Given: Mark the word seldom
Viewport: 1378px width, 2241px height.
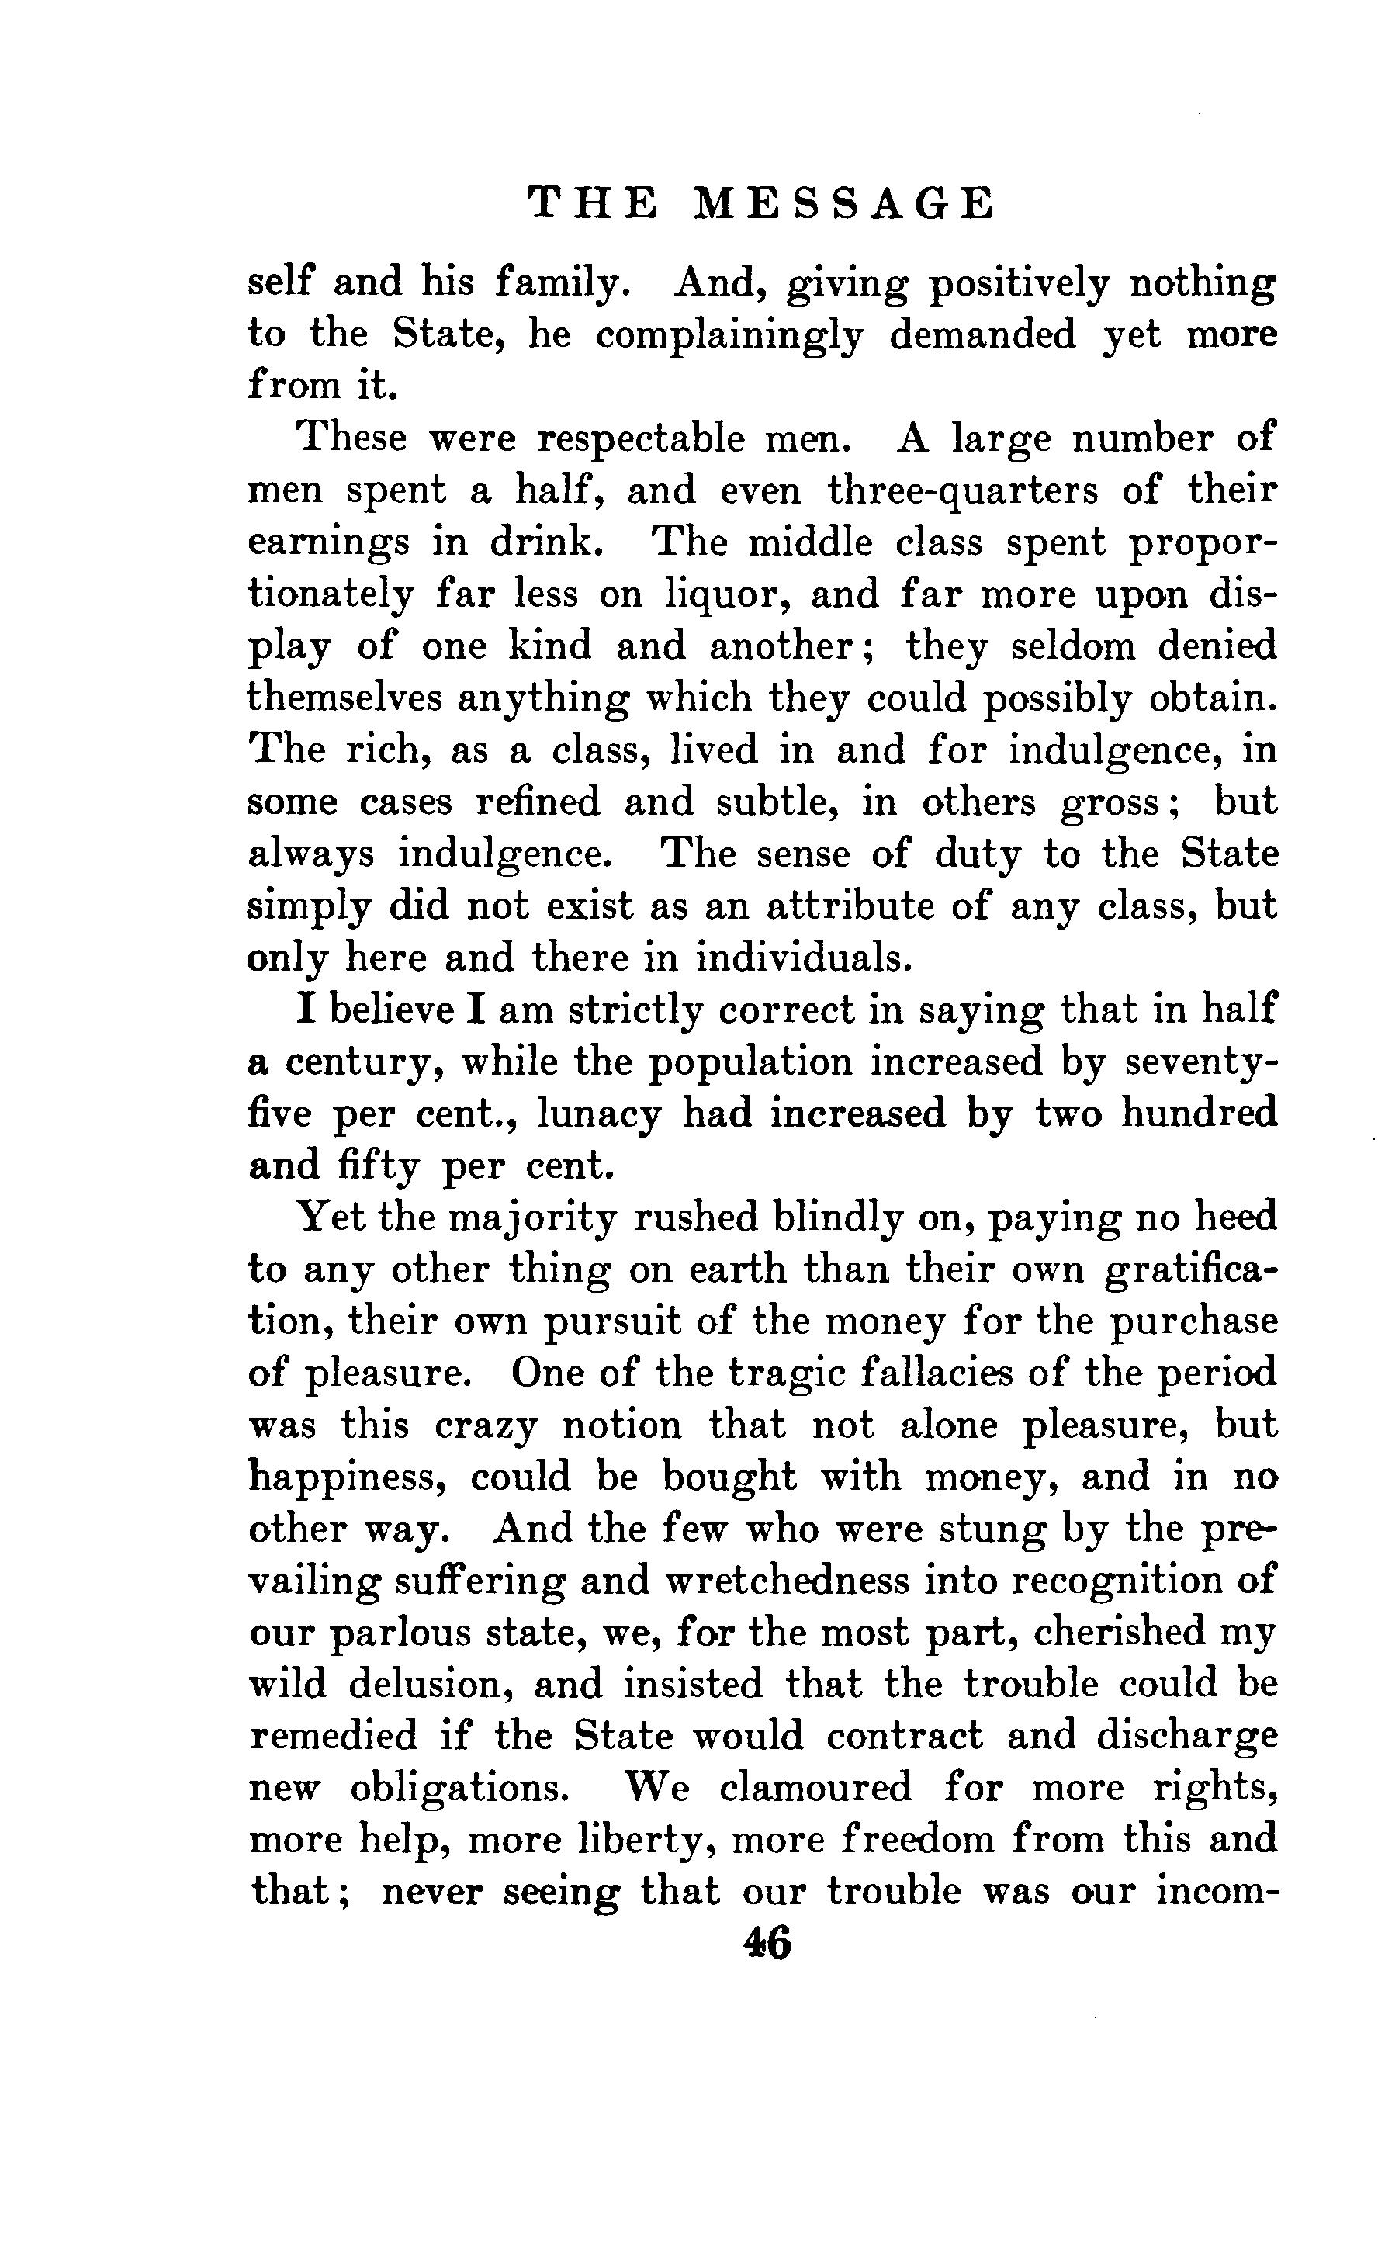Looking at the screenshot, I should coord(1072,646).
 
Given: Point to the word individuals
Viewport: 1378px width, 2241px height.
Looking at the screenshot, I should coord(803,958).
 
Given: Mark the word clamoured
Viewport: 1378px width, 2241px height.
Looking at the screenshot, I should coord(815,1788).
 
